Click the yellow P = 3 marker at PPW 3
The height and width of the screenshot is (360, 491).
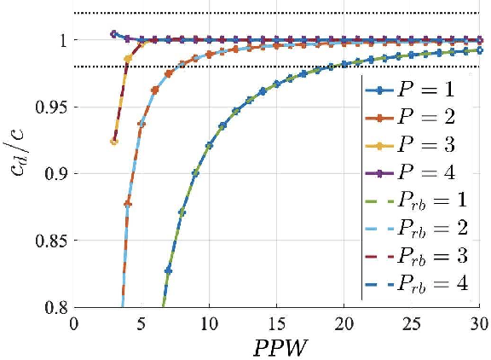pyautogui.click(x=114, y=141)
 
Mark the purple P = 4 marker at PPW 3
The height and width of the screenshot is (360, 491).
pyautogui.click(x=114, y=34)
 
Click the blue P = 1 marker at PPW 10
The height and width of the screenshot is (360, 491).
pyautogui.click(x=209, y=146)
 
